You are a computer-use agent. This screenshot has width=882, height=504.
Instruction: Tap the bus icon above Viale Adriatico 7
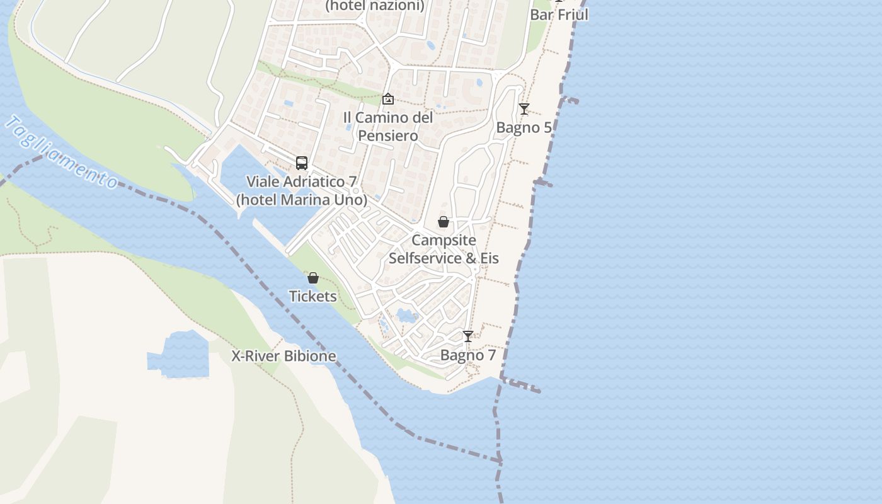302,163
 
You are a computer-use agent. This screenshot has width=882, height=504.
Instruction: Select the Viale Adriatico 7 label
301,181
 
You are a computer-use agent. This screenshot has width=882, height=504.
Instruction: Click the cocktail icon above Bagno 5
524,109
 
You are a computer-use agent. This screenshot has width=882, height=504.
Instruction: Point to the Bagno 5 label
524,128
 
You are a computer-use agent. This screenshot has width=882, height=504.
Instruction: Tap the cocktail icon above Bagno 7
467,336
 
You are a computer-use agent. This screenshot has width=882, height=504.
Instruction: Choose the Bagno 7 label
467,355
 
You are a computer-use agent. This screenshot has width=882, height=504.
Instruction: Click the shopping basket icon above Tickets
312,278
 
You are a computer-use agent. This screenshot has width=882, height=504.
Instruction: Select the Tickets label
312,296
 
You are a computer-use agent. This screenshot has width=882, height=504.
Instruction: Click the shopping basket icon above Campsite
444,222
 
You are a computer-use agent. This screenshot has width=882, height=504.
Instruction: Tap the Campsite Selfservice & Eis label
444,249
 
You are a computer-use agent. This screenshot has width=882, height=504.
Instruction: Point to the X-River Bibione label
283,356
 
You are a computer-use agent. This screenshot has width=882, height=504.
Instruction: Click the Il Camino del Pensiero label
388,127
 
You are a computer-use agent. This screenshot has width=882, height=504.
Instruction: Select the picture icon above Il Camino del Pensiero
388,99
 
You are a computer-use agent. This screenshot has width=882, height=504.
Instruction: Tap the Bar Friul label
559,14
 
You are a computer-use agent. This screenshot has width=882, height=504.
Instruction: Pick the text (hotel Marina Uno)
301,200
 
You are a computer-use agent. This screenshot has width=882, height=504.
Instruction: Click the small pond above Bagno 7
407,315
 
